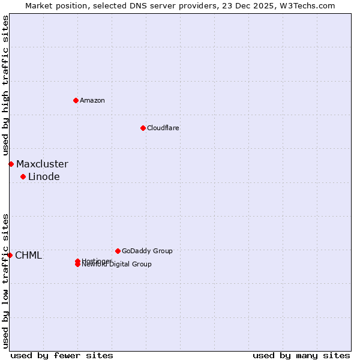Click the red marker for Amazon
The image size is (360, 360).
click(x=76, y=100)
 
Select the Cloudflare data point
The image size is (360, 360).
click(x=143, y=128)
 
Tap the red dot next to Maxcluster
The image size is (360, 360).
click(x=11, y=164)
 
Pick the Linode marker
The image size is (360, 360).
click(x=23, y=176)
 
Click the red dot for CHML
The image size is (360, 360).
click(x=10, y=255)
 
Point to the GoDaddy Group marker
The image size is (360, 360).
click(x=118, y=251)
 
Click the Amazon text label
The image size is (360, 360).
click(x=92, y=100)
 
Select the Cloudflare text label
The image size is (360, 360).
click(x=163, y=128)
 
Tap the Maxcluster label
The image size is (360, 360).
click(x=42, y=164)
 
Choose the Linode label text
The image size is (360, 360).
click(x=44, y=176)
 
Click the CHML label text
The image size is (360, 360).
click(x=28, y=255)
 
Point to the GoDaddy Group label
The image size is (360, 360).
click(x=147, y=251)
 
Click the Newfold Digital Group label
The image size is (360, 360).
click(x=117, y=265)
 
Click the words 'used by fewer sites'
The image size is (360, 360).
click(x=62, y=355)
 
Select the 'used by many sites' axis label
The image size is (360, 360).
click(x=301, y=355)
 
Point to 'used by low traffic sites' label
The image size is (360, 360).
click(x=6, y=281)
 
